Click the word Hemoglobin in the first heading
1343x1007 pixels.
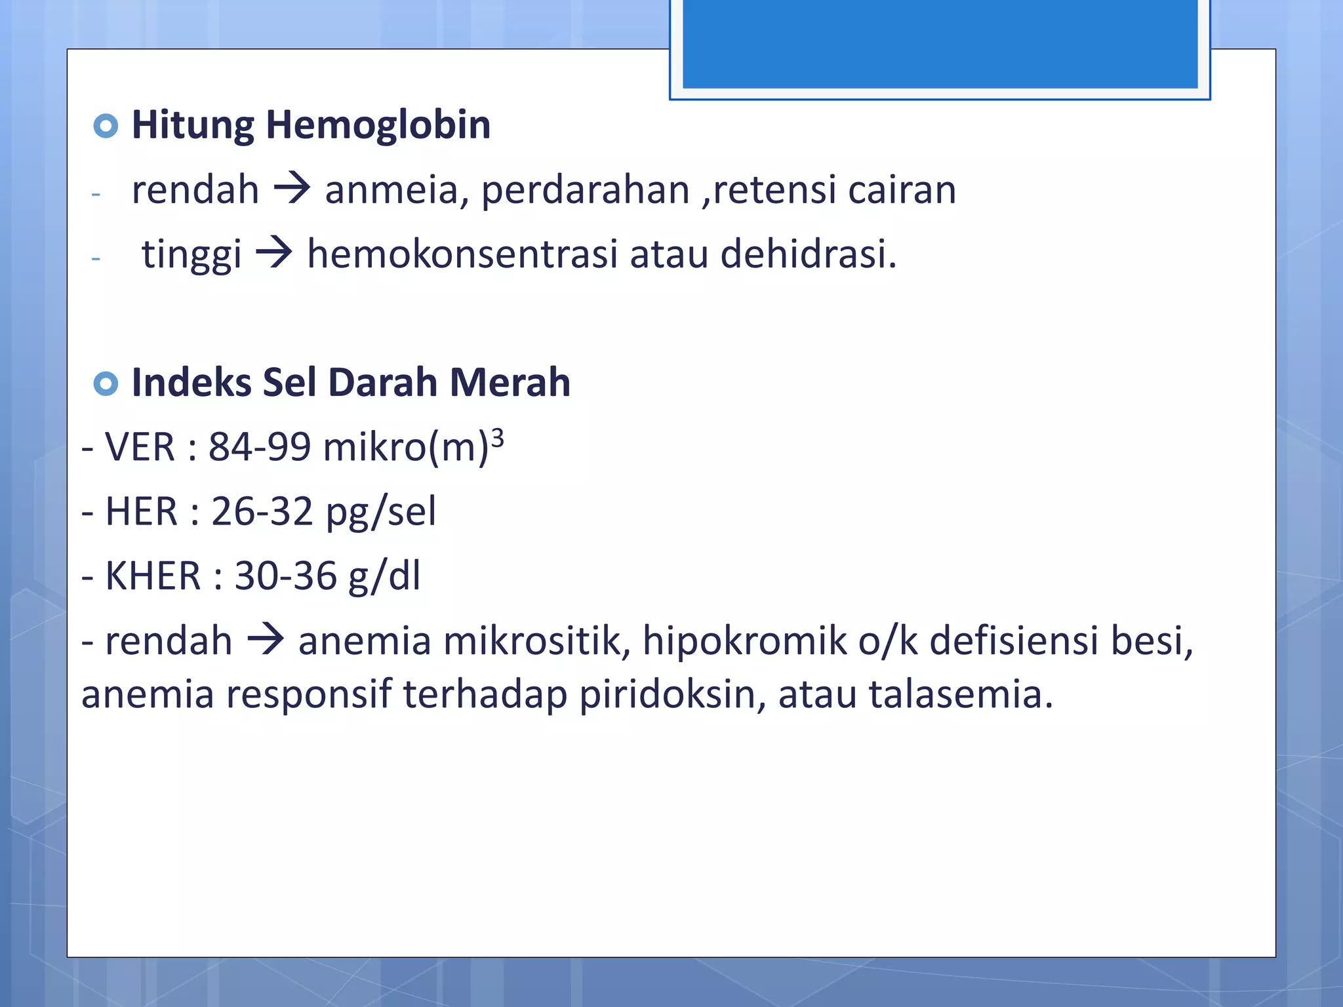coord(378,125)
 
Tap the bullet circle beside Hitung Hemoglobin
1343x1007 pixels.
coord(106,125)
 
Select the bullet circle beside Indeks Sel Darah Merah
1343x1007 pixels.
coord(106,384)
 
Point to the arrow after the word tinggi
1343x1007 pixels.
coord(273,254)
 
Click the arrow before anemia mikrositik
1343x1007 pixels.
coord(266,640)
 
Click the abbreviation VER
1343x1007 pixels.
coord(140,447)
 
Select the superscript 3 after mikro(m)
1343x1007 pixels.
coord(498,437)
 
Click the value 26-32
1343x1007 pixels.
coord(262,511)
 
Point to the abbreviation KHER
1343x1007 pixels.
coord(153,576)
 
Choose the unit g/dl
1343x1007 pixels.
coord(384,576)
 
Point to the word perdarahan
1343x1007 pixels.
coord(586,190)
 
